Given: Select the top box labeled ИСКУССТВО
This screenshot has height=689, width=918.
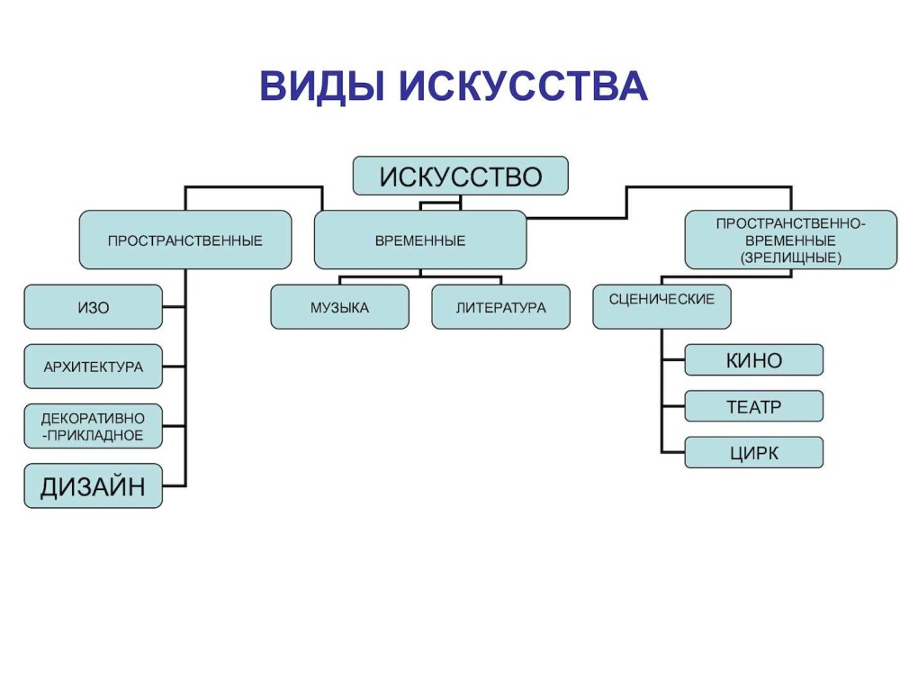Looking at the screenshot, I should tap(460, 176).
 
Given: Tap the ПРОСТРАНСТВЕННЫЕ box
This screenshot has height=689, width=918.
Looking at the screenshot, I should tap(185, 240).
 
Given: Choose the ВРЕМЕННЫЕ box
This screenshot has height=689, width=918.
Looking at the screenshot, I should tap(419, 240).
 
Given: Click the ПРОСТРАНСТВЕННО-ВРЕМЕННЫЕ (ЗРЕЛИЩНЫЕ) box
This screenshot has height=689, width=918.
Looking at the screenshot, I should tap(790, 240).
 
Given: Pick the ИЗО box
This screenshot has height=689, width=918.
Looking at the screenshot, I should tap(93, 307).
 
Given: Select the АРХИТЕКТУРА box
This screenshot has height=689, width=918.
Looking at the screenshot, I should tap(93, 367).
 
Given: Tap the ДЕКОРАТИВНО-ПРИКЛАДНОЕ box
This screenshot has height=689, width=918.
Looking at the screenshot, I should tap(93, 426).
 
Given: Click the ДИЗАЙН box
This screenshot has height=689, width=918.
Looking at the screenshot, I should tap(93, 486).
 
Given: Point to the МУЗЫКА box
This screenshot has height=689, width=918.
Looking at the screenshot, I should tap(339, 307).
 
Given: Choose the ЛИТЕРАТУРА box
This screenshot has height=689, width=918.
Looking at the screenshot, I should tap(500, 307).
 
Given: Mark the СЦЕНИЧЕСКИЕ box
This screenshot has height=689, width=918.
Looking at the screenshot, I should tap(661, 305).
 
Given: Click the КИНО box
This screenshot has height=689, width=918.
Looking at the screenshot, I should tap(753, 360).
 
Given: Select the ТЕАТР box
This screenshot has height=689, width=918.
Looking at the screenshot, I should tap(753, 406).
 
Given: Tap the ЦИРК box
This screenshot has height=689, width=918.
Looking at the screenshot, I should tap(753, 452).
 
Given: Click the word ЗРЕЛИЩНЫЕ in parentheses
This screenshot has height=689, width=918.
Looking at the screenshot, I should tap(791, 258).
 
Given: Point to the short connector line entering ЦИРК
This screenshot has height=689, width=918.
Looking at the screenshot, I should tap(673, 451).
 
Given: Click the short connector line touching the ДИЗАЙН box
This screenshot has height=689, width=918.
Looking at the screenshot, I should tap(174, 486).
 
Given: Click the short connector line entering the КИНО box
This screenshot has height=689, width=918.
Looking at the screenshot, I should tap(673, 359).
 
